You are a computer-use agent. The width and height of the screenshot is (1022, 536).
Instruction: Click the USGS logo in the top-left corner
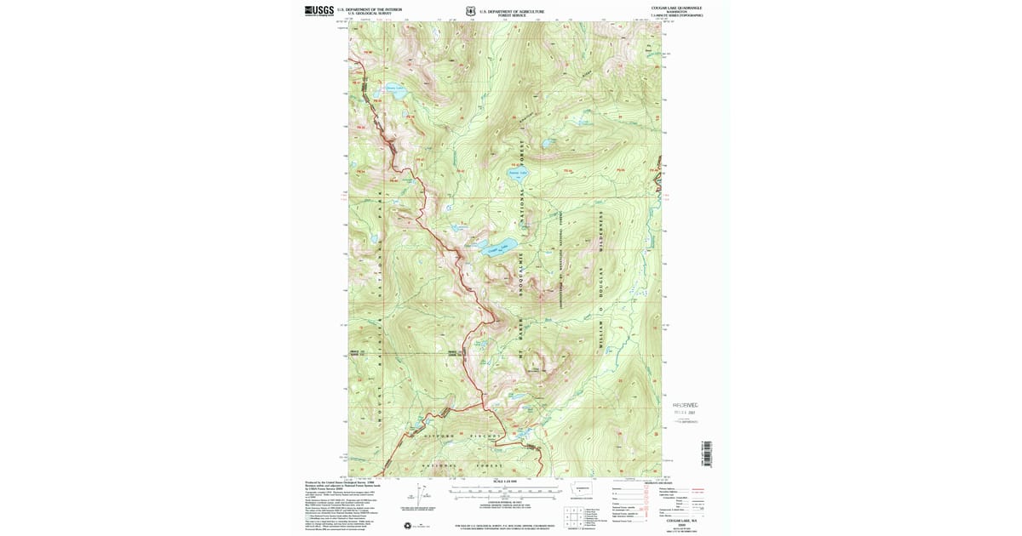[x=319, y=11]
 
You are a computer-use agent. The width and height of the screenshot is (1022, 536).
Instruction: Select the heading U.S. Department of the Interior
[x=369, y=9]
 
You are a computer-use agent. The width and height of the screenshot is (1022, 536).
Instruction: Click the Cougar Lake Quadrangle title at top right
[x=676, y=8]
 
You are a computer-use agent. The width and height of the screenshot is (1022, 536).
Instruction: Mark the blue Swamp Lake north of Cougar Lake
[x=517, y=174]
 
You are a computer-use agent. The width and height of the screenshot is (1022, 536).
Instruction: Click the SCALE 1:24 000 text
[x=505, y=482]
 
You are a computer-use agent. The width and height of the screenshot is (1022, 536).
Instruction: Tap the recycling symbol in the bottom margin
[x=406, y=525]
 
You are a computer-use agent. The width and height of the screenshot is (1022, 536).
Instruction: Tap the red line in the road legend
[x=697, y=489]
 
